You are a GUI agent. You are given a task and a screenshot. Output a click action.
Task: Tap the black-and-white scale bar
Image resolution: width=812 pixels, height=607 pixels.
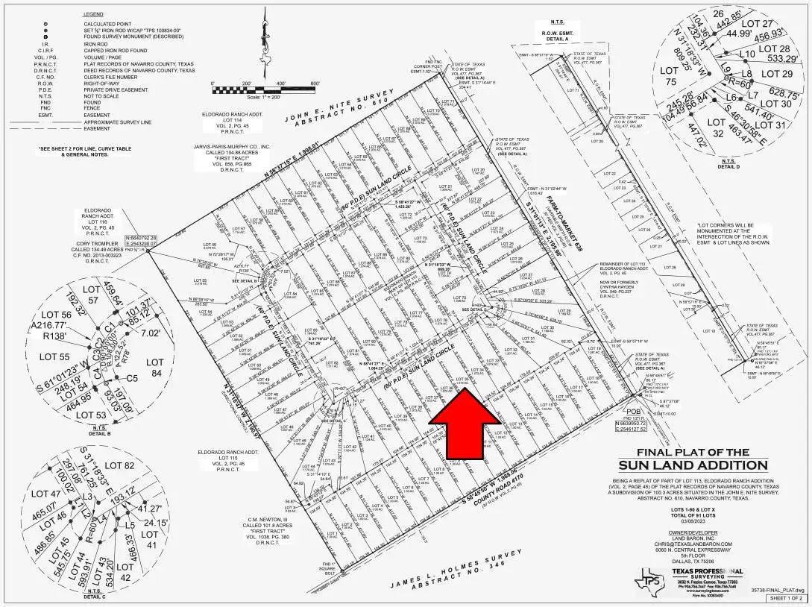pyautogui.click(x=265, y=90)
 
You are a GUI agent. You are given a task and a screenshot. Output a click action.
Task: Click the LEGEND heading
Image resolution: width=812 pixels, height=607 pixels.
pyautogui.click(x=92, y=15)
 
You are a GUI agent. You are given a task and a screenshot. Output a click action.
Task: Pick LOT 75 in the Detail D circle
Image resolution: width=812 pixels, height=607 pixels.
pyautogui.click(x=669, y=78)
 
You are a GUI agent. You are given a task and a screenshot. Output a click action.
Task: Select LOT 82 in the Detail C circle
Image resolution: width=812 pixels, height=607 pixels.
pyautogui.click(x=119, y=466)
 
